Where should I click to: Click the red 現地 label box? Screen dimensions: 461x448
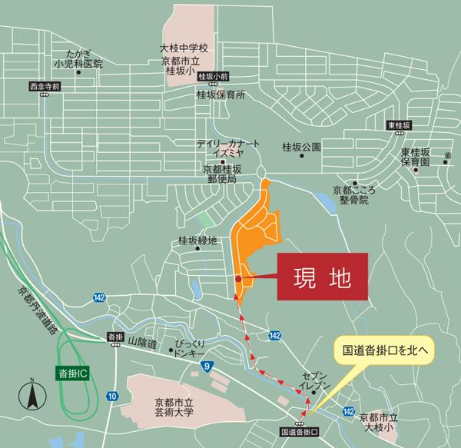click(323, 274)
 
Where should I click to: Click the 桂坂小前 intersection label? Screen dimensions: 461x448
click(213, 77)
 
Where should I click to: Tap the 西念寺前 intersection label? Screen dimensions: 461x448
click(43, 86)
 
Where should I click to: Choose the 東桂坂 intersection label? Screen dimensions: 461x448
click(400, 125)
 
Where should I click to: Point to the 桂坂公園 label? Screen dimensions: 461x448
click(300, 145)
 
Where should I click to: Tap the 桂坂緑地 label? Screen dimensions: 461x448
click(197, 240)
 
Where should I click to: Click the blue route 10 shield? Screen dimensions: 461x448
click(113, 396)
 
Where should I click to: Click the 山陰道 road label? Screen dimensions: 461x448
click(142, 339)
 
